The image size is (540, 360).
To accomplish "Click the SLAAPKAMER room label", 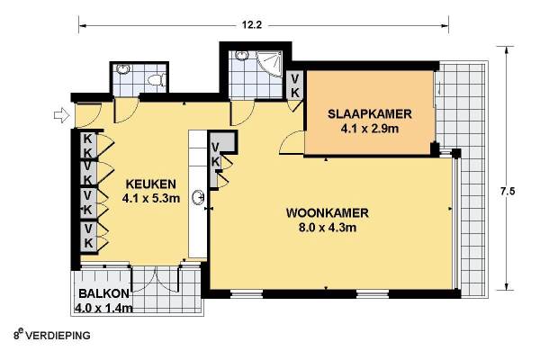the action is pyautogui.click(x=370, y=113).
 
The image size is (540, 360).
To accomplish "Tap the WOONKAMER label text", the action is pyautogui.click(x=328, y=212).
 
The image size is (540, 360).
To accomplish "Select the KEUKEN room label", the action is pyautogui.click(x=151, y=184).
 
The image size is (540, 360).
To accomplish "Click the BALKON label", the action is pyautogui.click(x=104, y=293).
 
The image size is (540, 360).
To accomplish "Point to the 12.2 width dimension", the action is pyautogui.click(x=252, y=25).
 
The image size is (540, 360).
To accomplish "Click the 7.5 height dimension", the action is pyautogui.click(x=508, y=191).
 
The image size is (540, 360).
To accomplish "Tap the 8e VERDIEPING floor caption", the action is pyautogui.click(x=52, y=335).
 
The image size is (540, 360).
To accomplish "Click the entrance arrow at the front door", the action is pyautogui.click(x=61, y=115).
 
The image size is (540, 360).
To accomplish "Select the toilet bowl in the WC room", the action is pyautogui.click(x=157, y=79).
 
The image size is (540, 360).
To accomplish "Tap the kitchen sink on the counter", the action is pyautogui.click(x=199, y=198).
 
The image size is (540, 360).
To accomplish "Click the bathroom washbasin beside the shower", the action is pyautogui.click(x=242, y=55).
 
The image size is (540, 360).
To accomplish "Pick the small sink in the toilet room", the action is pyautogui.click(x=123, y=69).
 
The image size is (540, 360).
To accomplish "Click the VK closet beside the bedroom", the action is pyautogui.click(x=295, y=85).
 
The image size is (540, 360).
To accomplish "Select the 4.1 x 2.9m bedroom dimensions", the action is pyautogui.click(x=370, y=129).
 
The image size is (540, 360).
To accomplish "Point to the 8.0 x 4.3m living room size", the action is pyautogui.click(x=328, y=228).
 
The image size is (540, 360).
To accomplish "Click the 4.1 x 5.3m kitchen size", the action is pyautogui.click(x=151, y=198).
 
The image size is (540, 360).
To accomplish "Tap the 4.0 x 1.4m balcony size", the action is pyautogui.click(x=103, y=308).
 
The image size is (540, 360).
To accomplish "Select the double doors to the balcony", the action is pyautogui.click(x=156, y=280).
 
